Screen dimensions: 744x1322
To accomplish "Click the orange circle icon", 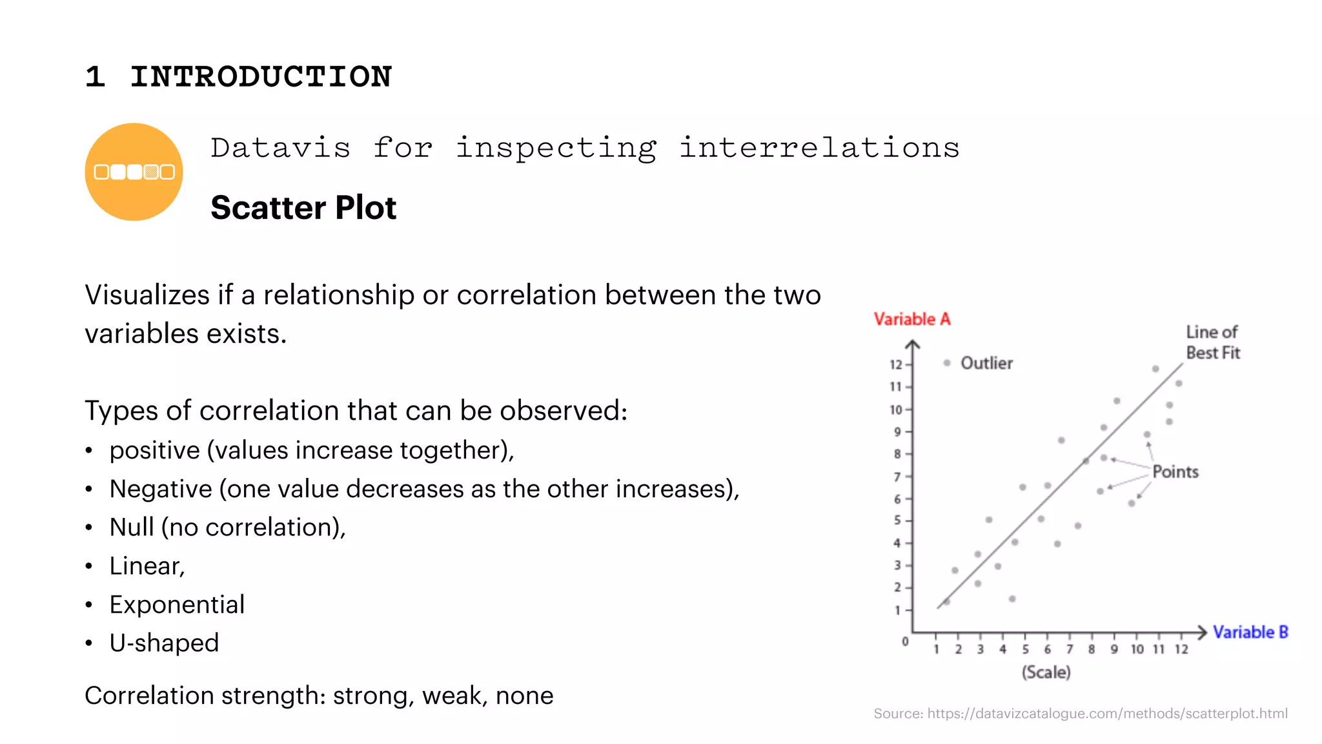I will click(134, 172).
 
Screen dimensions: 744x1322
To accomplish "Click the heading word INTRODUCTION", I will click(261, 77).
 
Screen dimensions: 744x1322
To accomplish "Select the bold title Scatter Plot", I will click(303, 208).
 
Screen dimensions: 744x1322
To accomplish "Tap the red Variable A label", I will click(911, 319).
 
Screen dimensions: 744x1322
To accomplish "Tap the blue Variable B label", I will click(1250, 632).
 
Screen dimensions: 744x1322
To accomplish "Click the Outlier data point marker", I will click(947, 363).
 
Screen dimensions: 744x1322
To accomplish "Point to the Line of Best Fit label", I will click(1212, 342).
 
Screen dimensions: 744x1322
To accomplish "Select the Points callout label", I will click(1175, 471).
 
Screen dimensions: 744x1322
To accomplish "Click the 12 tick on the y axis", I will click(895, 364).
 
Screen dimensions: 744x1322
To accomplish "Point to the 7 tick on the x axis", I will click(1070, 649).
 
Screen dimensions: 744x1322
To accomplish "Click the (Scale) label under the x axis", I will click(1046, 672).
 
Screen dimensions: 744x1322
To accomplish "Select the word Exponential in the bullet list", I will click(177, 604).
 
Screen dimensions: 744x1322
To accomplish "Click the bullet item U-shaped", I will click(164, 643).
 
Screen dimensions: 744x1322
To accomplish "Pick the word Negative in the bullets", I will click(160, 489).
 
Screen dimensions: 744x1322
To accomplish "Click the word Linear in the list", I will click(146, 566).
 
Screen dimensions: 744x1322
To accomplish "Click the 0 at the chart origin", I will click(905, 641).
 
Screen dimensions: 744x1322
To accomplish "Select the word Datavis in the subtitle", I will click(281, 148).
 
